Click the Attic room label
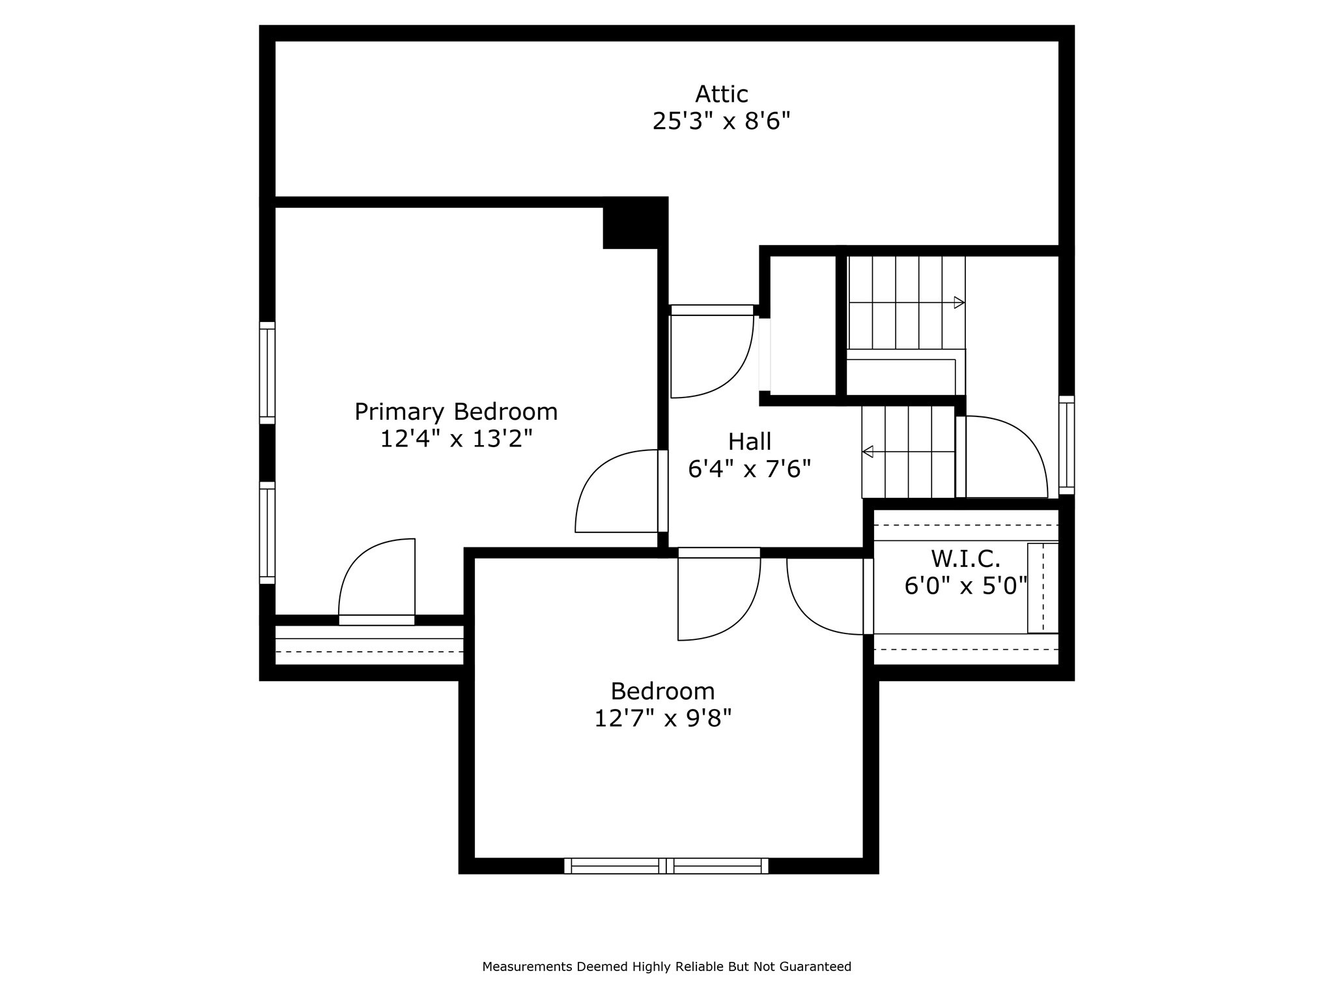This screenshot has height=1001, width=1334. [x=721, y=94]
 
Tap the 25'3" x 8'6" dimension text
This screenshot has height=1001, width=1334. [x=721, y=122]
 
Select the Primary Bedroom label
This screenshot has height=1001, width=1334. [x=456, y=412]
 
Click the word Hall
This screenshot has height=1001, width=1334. [x=749, y=442]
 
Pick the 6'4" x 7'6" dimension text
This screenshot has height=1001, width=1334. [x=749, y=469]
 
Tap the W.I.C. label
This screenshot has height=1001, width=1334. [x=965, y=559]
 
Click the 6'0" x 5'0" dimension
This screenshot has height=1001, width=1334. [x=965, y=586]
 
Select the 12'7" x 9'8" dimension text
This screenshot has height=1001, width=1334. [x=662, y=718]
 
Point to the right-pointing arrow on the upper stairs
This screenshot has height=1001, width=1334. [x=959, y=302]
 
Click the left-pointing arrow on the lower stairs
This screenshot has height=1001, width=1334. [x=868, y=452]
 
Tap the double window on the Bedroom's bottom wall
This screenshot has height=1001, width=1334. [x=666, y=865]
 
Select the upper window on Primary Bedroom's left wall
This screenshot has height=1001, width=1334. [x=267, y=373]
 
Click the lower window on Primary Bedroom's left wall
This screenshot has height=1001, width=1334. [x=267, y=533]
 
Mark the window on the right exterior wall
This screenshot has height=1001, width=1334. [x=1066, y=445]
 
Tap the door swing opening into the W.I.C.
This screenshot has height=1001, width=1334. [x=824, y=596]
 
